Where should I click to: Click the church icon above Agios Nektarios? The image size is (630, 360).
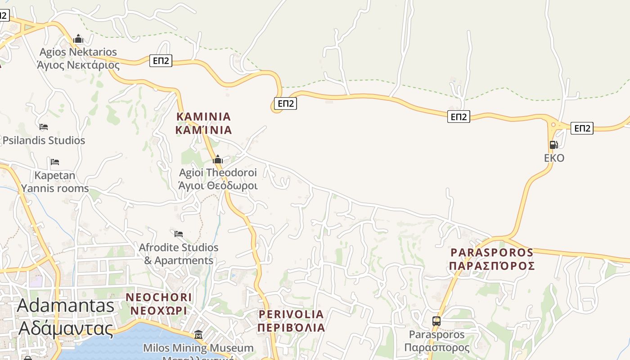coord(78,39)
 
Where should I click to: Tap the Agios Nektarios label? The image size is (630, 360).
coord(78,58)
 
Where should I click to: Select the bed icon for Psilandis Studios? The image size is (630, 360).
coord(44,127)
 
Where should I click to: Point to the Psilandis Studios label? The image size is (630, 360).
coord(44,140)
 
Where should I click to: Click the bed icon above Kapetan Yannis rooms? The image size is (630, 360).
coord(55,162)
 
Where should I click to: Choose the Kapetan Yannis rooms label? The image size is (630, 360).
coord(55,181)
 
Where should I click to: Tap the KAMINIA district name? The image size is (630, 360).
coord(203,123)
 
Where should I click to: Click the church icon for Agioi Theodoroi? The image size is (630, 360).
coord(218,159)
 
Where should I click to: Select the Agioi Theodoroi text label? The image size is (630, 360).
coord(218,179)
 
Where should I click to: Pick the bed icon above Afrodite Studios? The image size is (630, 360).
coord(179,234)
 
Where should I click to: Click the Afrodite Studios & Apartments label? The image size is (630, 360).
coord(179,254)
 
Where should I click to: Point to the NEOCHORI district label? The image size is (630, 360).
coord(159,304)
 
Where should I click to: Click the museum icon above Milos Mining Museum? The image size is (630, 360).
coord(198,334)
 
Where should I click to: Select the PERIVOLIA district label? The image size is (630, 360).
coord(291,320)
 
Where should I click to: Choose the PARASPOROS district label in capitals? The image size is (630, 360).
coord(492,259)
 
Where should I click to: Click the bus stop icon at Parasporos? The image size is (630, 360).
coord(436,321)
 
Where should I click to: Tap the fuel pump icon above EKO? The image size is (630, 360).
coord(553,145)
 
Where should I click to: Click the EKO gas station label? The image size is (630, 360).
coord(554,158)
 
